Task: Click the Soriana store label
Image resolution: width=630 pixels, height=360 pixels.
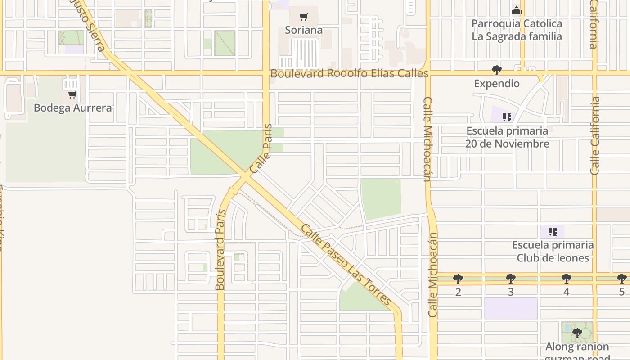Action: pos(304,30)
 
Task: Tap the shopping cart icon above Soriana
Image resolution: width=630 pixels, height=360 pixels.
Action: pos(304,17)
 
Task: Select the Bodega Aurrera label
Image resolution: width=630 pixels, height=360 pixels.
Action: pos(72,108)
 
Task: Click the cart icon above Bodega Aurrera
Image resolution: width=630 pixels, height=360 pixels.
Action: pos(72,95)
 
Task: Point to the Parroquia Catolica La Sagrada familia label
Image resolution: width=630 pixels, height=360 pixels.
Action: pos(517,30)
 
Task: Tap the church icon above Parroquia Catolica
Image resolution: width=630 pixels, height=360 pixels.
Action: pos(517,10)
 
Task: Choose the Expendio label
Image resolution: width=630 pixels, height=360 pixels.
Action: pos(497,84)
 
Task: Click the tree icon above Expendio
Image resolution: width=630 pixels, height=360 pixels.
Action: pos(497,70)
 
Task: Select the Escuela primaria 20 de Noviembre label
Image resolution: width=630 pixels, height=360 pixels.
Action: pos(507,137)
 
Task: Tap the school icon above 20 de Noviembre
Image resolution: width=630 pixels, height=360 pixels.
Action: pos(507,117)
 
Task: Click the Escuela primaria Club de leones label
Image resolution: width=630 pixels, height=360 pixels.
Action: pos(553,252)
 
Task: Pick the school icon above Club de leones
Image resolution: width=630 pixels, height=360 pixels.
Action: pos(553,232)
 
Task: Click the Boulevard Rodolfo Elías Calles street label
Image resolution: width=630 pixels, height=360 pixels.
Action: pos(349,73)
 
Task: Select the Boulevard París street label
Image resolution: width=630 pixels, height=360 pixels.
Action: pos(220,250)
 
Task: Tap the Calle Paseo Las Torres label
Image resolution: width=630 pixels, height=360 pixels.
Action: pos(345,265)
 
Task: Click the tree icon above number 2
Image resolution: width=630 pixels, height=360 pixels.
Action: pos(458,279)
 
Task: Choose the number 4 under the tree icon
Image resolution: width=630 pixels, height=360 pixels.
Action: pos(566,292)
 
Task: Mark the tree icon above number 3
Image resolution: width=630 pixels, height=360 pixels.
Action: pos(511,279)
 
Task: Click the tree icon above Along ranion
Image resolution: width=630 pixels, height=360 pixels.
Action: pos(577,333)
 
